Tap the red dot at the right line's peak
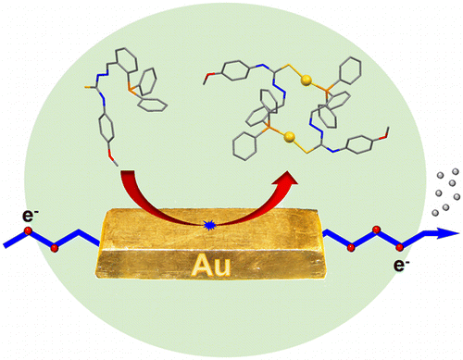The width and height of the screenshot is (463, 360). [376, 229]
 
